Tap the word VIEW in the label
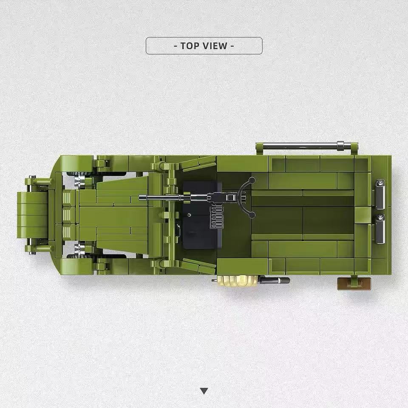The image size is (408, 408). click(x=215, y=46)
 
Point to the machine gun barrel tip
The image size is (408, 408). click(x=140, y=198)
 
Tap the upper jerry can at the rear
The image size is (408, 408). click(x=380, y=194)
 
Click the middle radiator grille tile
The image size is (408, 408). click(x=67, y=215)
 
